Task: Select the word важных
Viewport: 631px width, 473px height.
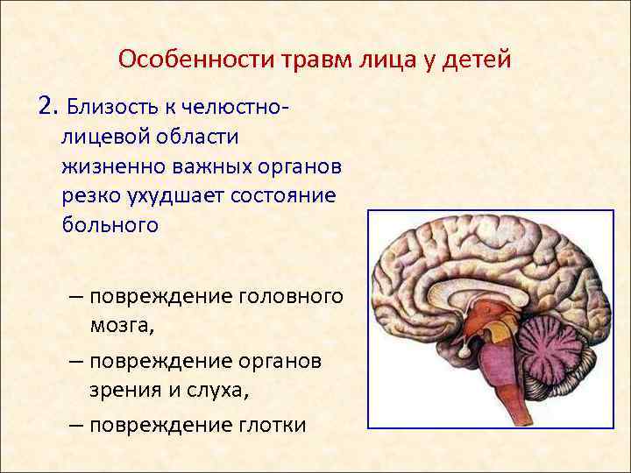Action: click(219, 166)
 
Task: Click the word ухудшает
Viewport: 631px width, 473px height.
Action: click(179, 194)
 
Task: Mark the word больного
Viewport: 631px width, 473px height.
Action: click(110, 224)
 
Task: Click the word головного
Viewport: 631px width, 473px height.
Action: click(289, 296)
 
